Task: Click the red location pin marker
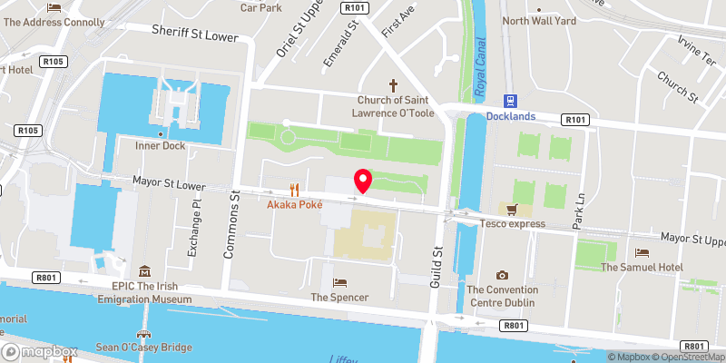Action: [363, 180]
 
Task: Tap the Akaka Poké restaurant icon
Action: [294, 190]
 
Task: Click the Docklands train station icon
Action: [510, 101]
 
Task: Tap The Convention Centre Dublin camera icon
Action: [502, 275]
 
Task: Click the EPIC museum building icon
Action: [144, 271]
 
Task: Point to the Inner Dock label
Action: [160, 145]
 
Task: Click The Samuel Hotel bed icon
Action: [643, 252]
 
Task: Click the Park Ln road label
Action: [579, 207]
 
